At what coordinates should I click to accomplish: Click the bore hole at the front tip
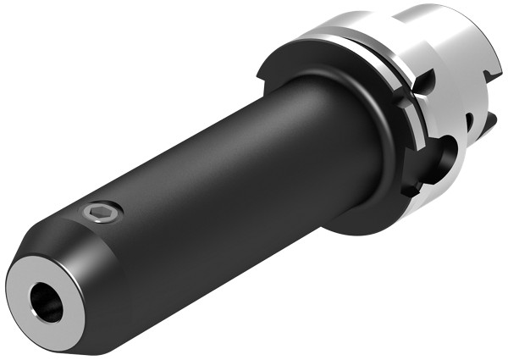pyautogui.click(x=46, y=302)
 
